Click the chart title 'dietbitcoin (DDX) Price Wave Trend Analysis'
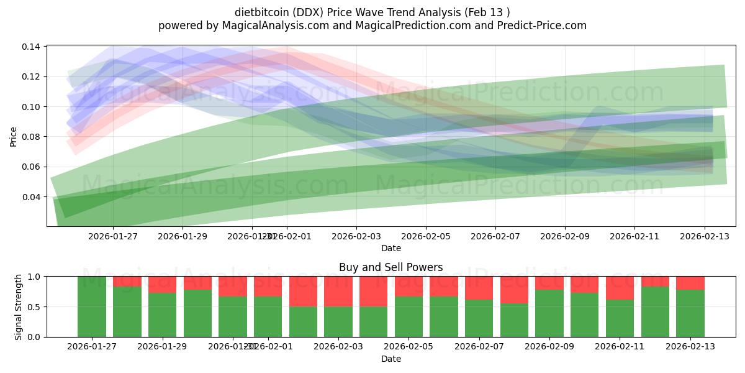(372, 12)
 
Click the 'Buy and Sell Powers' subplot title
(391, 267)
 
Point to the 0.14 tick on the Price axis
(32, 47)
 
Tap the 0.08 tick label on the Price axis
(32, 137)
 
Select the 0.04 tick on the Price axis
(32, 197)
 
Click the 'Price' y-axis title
(14, 137)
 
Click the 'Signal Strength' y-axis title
(19, 306)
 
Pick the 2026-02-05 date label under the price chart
(425, 236)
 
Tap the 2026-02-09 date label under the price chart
(564, 236)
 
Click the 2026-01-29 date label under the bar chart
(162, 347)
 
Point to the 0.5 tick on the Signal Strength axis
(35, 307)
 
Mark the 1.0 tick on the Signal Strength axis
(35, 277)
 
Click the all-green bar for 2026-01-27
(91, 306)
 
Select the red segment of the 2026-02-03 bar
(338, 291)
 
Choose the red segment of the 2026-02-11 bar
(620, 288)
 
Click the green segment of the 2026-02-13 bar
(690, 313)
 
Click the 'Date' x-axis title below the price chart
(391, 248)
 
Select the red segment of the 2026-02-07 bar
(479, 288)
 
